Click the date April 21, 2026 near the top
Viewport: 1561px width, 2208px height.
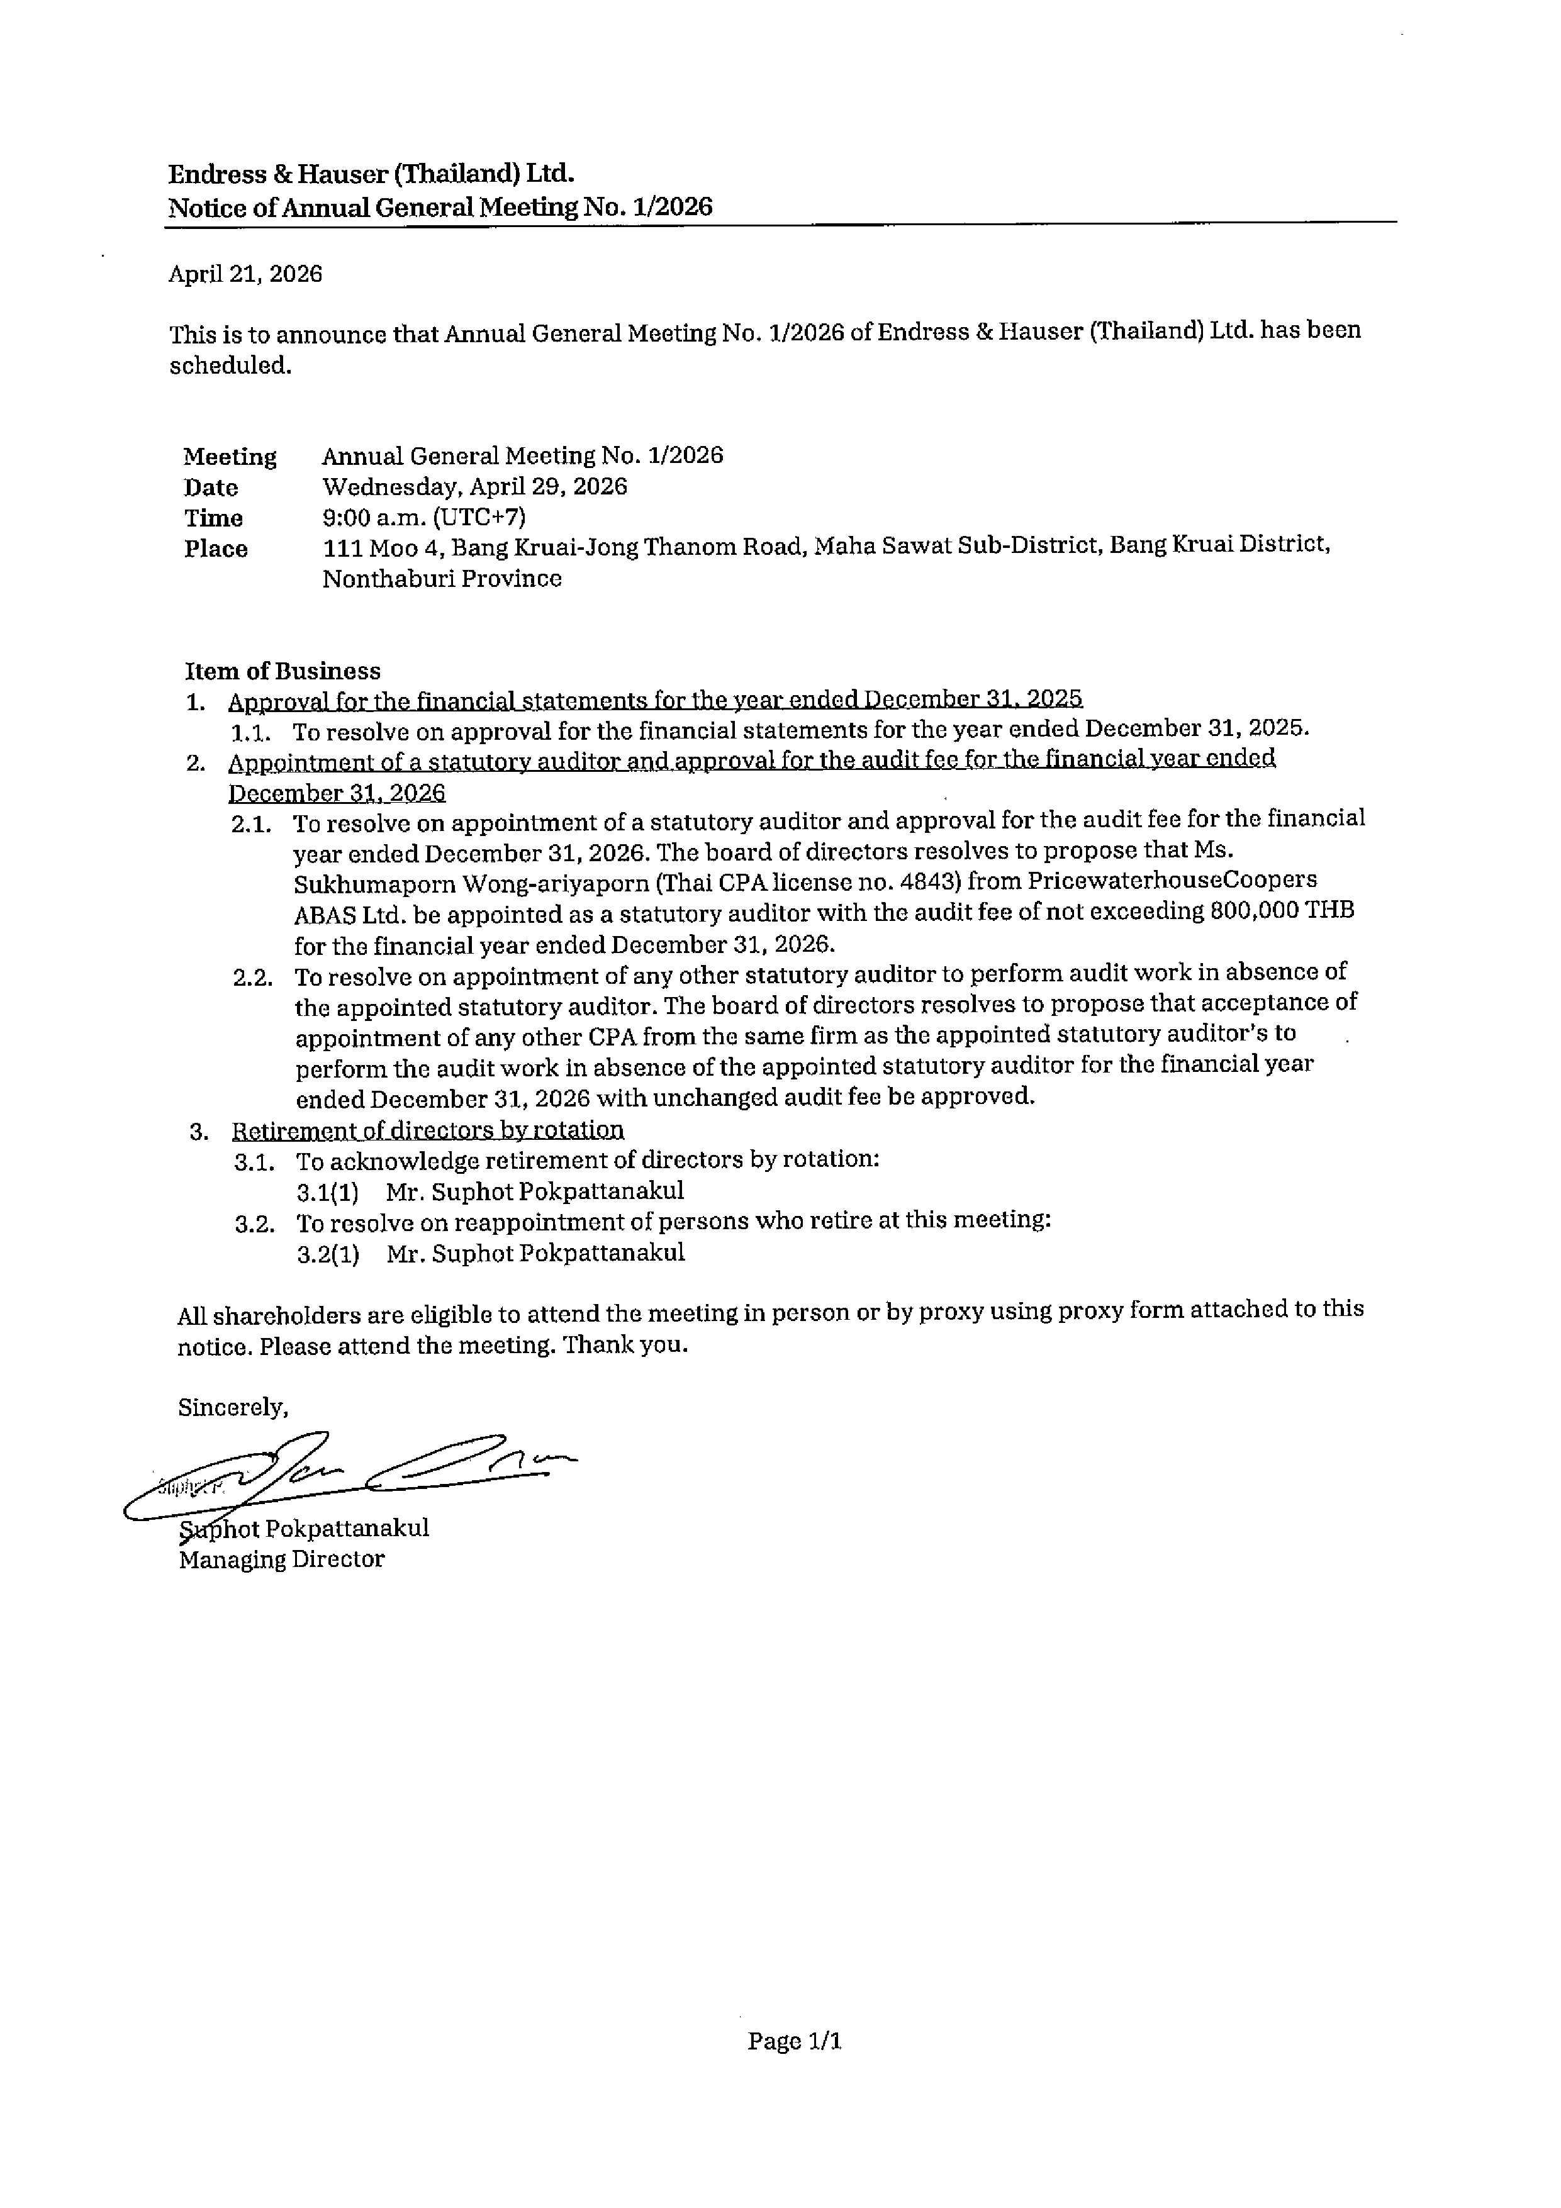[245, 274]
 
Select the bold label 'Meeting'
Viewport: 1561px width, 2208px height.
[230, 457]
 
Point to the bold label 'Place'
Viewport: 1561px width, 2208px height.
[216, 549]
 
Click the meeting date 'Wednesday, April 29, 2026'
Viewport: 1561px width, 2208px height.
[474, 487]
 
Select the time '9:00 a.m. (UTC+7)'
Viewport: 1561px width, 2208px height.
[424, 517]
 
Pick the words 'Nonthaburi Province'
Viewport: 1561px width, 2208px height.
[442, 579]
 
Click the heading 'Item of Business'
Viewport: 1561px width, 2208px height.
[283, 671]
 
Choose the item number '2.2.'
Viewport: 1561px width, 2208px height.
[253, 978]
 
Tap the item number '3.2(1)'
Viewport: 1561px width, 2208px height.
[328, 1254]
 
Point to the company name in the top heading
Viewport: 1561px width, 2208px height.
[371, 174]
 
